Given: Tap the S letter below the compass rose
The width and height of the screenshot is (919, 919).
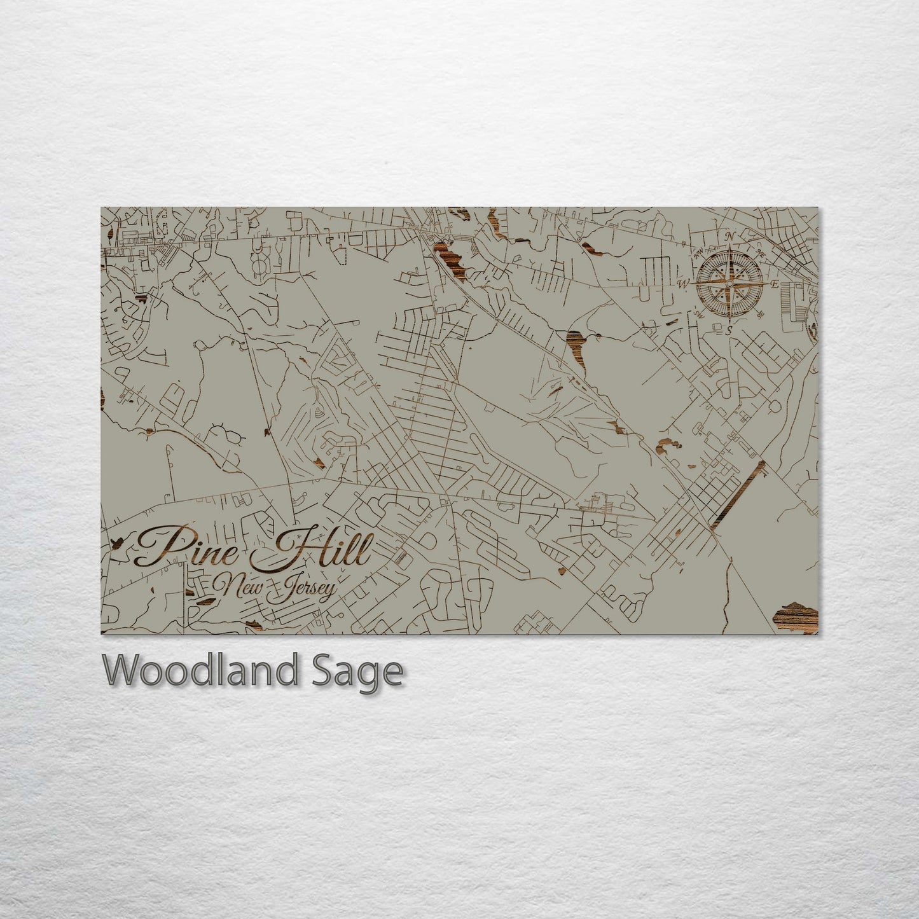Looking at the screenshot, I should point(729,329).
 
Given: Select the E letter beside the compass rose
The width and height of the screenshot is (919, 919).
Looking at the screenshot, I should point(774,284).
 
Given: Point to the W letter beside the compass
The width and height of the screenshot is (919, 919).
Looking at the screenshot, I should point(686,282).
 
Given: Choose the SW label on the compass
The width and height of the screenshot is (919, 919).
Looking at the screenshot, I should point(699,314).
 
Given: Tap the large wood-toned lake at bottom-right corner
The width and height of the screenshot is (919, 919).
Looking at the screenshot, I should point(795,616).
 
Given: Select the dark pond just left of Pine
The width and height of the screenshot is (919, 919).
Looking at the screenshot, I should point(118,542).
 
